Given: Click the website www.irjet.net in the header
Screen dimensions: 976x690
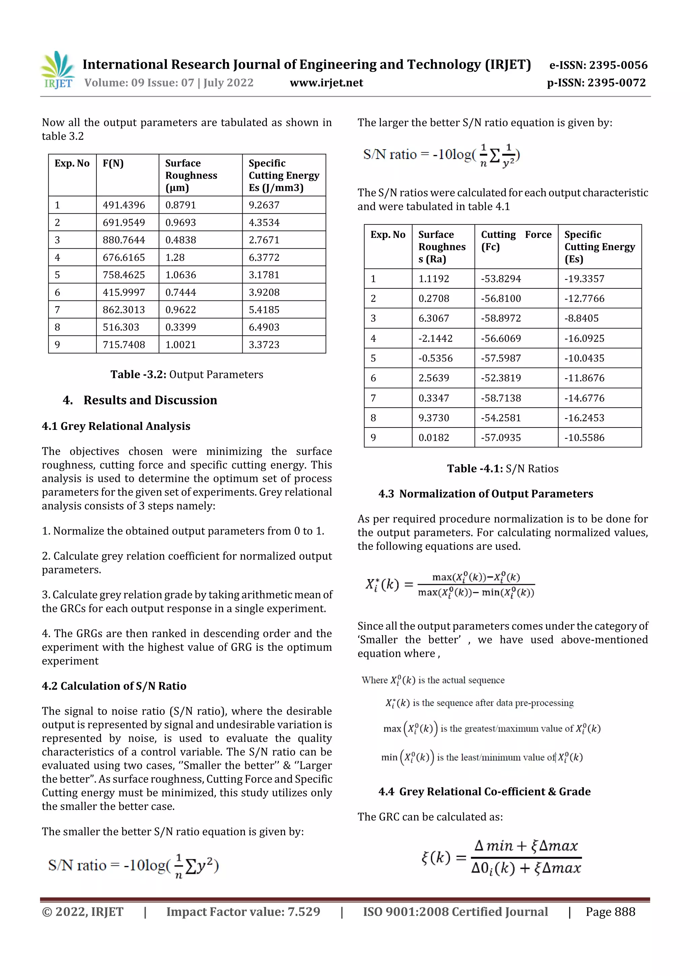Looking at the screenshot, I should tap(326, 83).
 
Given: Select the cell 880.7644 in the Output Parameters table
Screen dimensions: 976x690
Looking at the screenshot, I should tap(124, 240).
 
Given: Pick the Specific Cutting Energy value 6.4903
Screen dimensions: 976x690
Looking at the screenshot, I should tap(264, 327).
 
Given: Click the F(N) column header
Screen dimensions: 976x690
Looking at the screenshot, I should tap(113, 163).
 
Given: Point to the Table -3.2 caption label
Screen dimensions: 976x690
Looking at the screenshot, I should tap(138, 375).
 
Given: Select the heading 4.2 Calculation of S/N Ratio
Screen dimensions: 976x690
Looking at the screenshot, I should tap(114, 686).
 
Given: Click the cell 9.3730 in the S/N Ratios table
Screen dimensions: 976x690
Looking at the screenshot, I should tap(434, 418).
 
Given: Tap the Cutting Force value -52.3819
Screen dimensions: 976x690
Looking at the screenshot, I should tap(501, 378).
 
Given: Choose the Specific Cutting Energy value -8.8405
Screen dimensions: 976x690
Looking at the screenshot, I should tap(581, 318).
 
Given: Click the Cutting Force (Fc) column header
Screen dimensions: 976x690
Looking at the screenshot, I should tap(516, 241).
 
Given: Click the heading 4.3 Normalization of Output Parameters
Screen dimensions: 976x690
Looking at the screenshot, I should tap(485, 494).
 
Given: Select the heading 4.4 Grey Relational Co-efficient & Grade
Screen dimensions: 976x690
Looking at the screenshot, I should tap(484, 791).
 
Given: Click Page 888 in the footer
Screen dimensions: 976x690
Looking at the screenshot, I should tap(610, 911).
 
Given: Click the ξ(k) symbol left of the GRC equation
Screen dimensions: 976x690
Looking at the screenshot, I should tap(436, 857).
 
